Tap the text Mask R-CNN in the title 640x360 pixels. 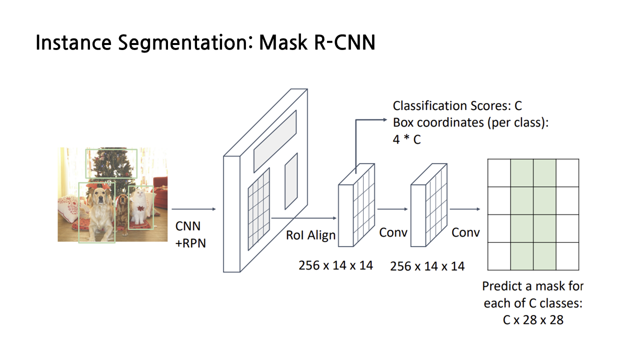click(x=317, y=43)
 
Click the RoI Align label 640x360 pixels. click(x=310, y=235)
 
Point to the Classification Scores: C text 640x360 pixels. click(x=457, y=106)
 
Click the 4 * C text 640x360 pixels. click(x=406, y=140)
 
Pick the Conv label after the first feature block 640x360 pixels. click(x=393, y=233)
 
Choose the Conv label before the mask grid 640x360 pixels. click(x=465, y=232)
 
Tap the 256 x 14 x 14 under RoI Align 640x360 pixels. click(x=335, y=265)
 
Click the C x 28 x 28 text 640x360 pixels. click(x=532, y=320)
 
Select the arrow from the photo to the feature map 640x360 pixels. click(x=193, y=209)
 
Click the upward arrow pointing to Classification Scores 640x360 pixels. click(x=356, y=145)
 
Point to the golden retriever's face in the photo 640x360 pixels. click(x=100, y=197)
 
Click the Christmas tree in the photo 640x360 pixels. click(x=111, y=165)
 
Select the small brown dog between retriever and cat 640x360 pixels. click(x=122, y=207)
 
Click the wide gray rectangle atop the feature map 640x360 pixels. click(x=275, y=141)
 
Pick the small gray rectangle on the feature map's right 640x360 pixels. click(x=291, y=181)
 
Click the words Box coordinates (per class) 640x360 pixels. click(x=470, y=123)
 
